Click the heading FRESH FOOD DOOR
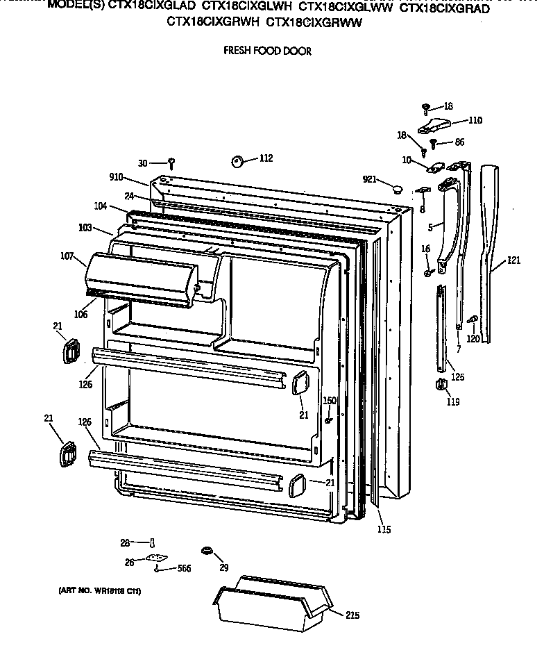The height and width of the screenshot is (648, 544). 266,51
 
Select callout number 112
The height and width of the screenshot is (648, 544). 266,158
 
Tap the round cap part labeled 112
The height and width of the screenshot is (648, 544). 237,161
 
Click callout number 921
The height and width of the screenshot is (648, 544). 369,180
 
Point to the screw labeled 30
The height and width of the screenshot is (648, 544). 171,164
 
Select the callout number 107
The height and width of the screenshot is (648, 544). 67,256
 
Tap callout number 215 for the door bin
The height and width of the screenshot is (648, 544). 353,615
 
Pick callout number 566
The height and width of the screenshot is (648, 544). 184,569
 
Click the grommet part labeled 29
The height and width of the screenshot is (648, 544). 206,551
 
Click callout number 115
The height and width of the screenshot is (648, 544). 384,530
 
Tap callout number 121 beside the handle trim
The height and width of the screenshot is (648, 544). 513,260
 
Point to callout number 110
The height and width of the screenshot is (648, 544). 475,120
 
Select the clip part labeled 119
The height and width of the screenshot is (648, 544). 440,385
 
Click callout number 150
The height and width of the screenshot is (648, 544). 330,401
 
